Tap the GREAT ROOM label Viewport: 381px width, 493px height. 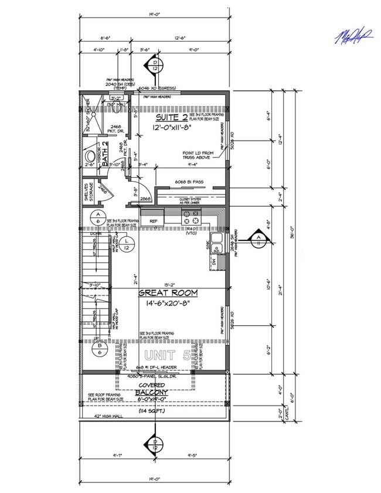(168, 293)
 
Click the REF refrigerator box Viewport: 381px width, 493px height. (154, 220)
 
